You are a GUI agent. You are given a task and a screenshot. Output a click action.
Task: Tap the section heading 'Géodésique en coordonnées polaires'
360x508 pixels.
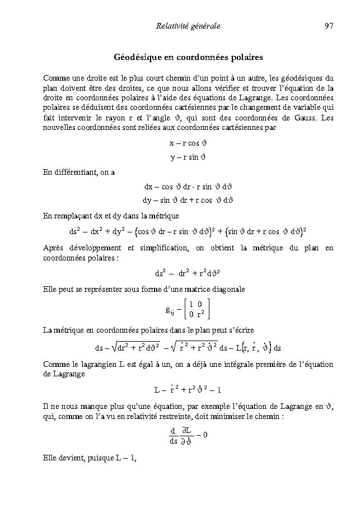point(188,58)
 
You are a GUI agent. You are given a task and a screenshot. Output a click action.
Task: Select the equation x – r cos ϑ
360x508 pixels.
point(188,143)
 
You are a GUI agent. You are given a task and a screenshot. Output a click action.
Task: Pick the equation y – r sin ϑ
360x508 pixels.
point(188,157)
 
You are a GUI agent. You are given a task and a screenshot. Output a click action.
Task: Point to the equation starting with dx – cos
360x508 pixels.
point(188,187)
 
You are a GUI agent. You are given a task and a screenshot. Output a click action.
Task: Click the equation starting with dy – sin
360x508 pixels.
point(188,200)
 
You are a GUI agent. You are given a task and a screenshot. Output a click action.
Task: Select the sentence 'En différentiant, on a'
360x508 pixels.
point(79,172)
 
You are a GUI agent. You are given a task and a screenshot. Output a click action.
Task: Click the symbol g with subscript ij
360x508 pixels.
point(170,310)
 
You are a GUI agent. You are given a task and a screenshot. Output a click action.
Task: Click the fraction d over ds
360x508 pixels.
point(173,435)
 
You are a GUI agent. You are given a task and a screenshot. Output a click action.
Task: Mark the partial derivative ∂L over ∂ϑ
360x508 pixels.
point(188,435)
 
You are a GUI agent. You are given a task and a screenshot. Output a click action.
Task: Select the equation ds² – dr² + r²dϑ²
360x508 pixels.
point(188,274)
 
